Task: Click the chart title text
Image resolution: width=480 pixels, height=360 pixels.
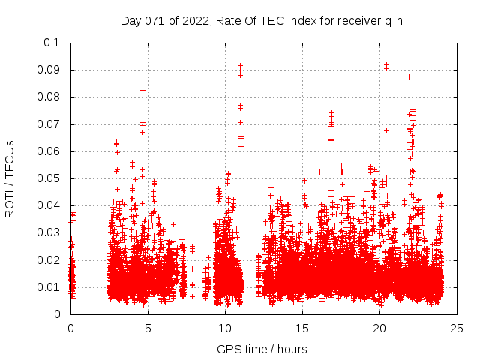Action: [x=262, y=20]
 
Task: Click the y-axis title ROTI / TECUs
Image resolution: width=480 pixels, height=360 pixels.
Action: [x=10, y=178]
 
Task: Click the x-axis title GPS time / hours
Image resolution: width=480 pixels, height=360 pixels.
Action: [x=262, y=349]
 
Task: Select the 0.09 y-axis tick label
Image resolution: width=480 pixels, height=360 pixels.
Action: [x=49, y=70]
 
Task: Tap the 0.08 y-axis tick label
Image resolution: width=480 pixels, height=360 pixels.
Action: [x=49, y=97]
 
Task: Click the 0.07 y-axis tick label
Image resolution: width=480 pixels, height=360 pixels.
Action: [x=49, y=124]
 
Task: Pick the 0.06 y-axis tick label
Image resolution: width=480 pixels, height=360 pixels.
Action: [x=49, y=151]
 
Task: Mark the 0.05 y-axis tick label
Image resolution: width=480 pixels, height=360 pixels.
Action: [x=49, y=178]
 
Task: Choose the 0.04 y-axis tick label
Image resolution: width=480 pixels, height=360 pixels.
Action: [x=49, y=205]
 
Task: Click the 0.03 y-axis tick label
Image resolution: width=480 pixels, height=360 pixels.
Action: [x=49, y=232]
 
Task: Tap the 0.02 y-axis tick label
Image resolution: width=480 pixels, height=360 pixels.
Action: [x=49, y=260]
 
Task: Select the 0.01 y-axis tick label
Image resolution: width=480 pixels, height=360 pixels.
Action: [x=49, y=287]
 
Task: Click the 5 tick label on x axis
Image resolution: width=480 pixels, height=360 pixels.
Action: [x=148, y=328]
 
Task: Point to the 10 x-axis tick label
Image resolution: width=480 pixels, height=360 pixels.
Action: [x=225, y=328]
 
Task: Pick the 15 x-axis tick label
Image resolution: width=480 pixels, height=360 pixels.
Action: [x=302, y=328]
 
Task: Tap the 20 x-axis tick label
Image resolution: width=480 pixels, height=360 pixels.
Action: [x=379, y=328]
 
